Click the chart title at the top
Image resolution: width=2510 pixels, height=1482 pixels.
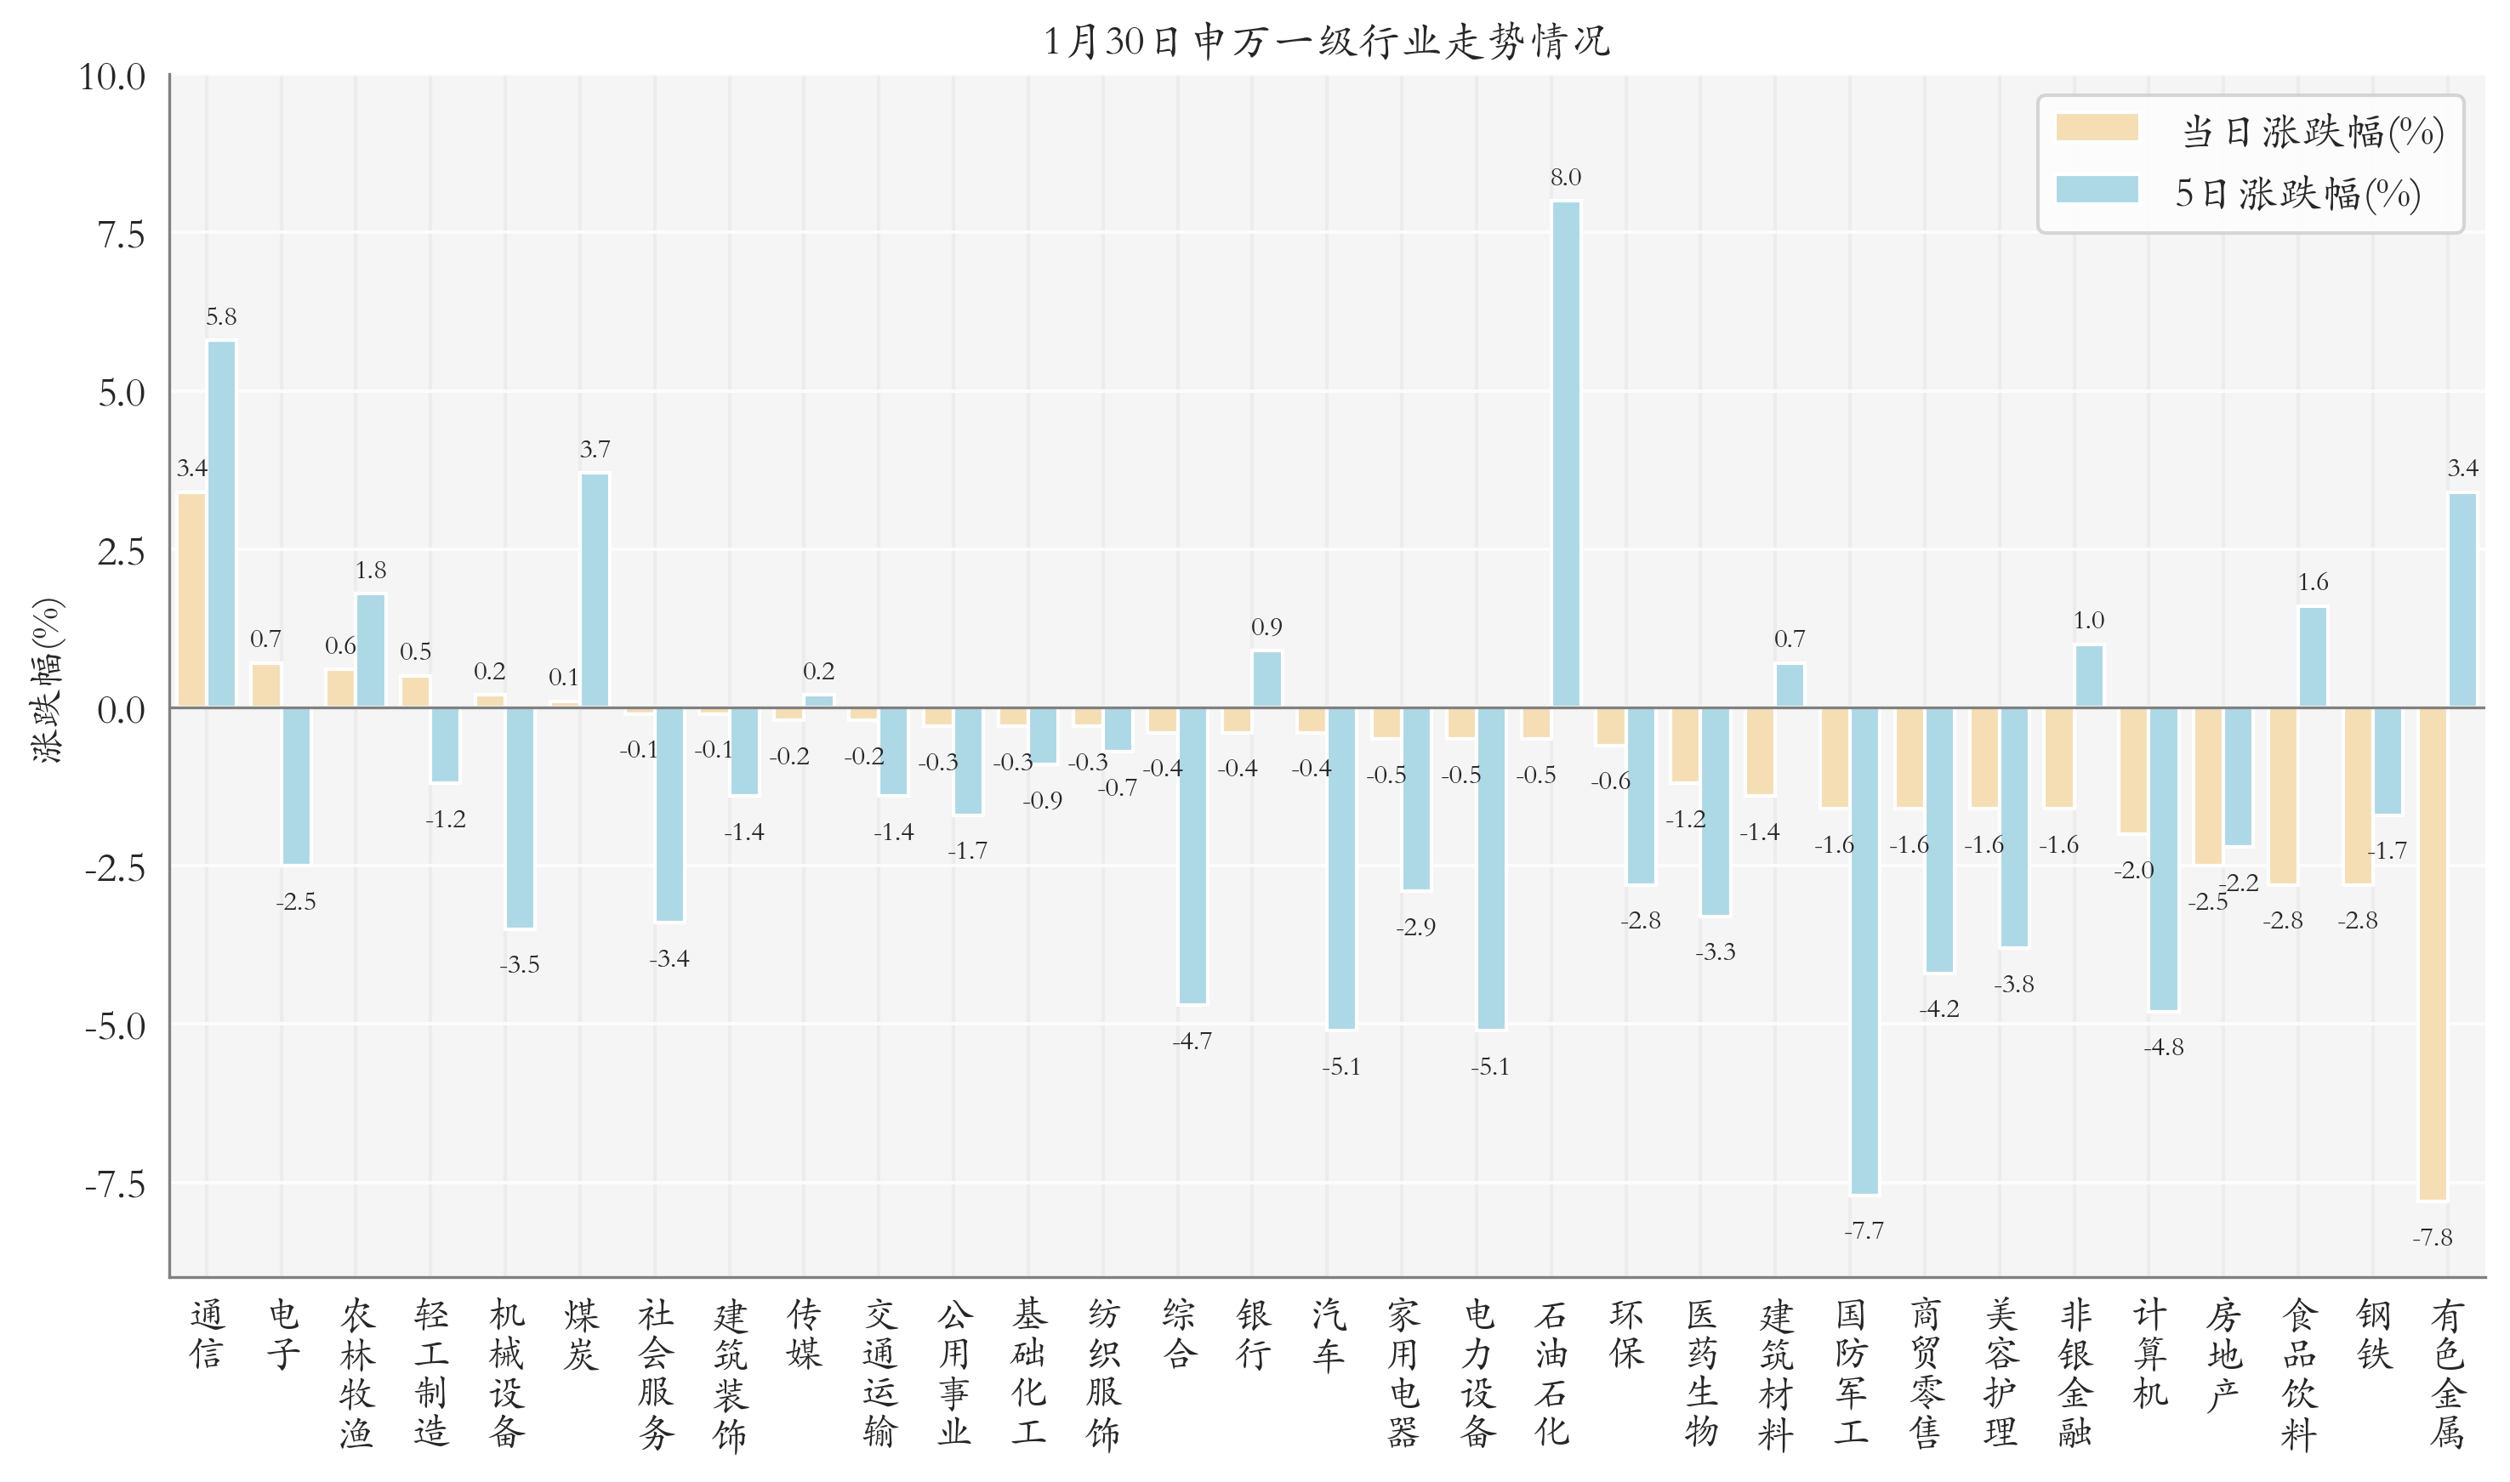tap(1326, 42)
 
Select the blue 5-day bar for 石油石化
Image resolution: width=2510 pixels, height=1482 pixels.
tap(1565, 454)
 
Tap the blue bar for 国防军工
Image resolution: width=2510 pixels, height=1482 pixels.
tap(1864, 951)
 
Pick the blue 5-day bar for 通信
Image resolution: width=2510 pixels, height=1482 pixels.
tap(222, 525)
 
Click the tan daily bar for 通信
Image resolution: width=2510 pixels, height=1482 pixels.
tap(191, 600)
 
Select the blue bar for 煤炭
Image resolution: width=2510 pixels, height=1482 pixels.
tap(595, 590)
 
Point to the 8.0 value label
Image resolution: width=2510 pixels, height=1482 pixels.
tap(1565, 178)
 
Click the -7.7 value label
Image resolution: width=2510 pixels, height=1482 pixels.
tap(1864, 1231)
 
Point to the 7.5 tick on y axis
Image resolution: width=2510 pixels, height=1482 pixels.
tap(121, 236)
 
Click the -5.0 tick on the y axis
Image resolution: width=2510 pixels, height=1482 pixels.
tap(115, 1026)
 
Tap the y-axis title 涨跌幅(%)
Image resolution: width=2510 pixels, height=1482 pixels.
tap(47, 681)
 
